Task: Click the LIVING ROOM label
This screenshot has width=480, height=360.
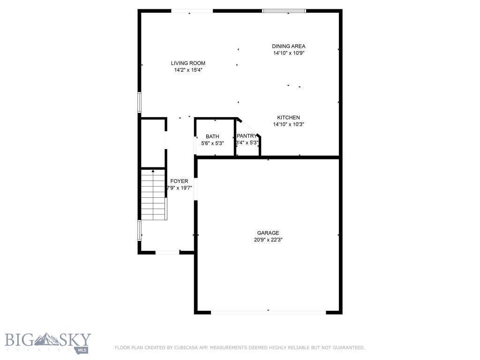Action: coord(188,63)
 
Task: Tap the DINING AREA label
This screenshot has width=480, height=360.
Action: coord(289,46)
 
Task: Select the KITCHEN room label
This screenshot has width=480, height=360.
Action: coord(288,117)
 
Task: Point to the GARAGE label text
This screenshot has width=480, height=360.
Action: coord(268,232)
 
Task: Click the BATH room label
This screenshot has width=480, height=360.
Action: coord(212,136)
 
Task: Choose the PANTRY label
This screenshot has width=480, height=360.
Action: coord(247,136)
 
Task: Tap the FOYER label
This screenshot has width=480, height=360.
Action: coord(179,181)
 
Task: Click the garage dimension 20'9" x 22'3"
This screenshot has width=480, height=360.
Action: coord(268,240)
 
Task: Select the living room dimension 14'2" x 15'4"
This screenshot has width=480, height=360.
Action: coord(188,70)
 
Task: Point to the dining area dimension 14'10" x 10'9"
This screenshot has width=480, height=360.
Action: coord(289,53)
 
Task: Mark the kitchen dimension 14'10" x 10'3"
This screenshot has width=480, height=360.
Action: coord(288,124)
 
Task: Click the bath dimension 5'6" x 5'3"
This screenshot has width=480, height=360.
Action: coord(212,143)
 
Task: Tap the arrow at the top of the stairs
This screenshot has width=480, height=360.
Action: coord(153,172)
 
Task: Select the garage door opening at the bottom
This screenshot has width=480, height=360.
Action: coord(268,312)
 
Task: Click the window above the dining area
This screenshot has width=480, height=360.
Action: coord(284,11)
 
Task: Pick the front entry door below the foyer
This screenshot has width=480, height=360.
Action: coord(167,252)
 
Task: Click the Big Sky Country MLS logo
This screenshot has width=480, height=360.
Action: coord(48,343)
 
